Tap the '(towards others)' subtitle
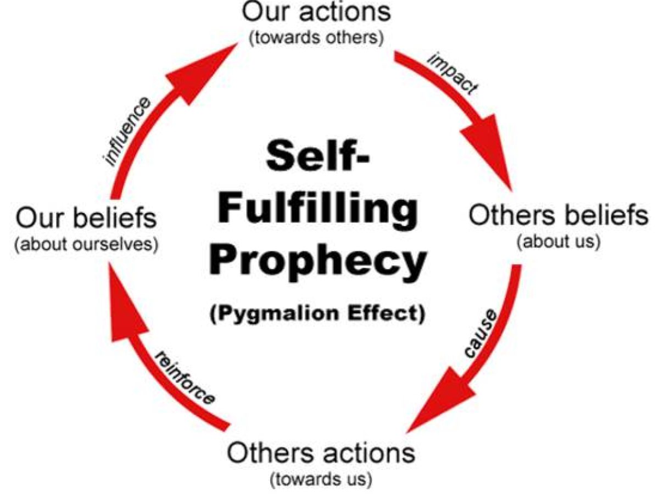[x=316, y=40]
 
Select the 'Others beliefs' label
[x=558, y=216]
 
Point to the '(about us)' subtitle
[x=558, y=242]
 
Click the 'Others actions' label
[x=321, y=453]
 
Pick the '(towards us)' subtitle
[x=321, y=479]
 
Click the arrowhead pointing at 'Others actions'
[x=439, y=403]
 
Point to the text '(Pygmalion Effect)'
[x=317, y=315]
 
